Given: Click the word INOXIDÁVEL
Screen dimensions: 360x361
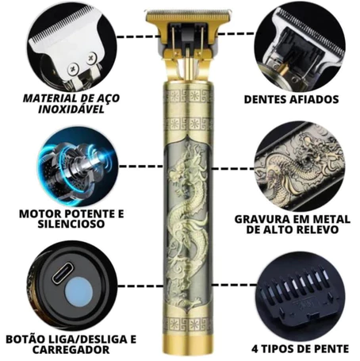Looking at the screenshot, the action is (71, 109).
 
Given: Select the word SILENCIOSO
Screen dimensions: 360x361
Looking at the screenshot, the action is (71, 224).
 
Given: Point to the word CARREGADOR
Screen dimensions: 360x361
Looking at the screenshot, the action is (71, 350).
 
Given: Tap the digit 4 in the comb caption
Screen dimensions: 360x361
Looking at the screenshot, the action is (255, 349).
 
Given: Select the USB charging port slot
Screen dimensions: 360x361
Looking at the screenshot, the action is (63, 273).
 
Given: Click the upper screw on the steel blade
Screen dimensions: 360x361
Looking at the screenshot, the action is (91, 58).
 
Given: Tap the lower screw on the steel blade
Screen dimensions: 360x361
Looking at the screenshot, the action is (73, 69).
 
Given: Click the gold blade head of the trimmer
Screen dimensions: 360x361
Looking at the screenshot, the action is (189, 17).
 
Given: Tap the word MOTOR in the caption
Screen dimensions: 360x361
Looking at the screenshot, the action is (38, 213).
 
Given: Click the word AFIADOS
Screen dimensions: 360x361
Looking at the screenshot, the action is (314, 99).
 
